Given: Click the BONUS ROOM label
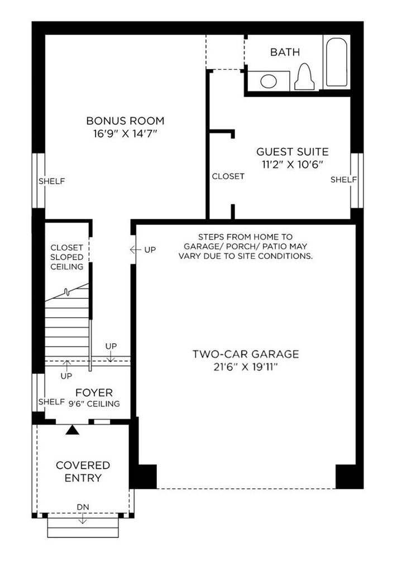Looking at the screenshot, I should [x=125, y=121].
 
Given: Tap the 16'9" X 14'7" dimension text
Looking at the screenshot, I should [x=125, y=134].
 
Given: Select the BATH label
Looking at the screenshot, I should [x=285, y=52].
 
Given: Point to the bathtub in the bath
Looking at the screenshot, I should [x=337, y=61].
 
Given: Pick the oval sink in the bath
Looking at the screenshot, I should [x=269, y=81].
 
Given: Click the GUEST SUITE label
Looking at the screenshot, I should [x=292, y=151].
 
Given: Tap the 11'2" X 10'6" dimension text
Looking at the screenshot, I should [x=292, y=164].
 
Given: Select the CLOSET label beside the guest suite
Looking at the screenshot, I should [x=228, y=176].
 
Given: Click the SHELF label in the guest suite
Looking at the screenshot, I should [x=343, y=179].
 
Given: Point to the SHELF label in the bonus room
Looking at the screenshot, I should [x=51, y=181].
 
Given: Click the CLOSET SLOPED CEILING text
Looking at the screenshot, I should [x=67, y=257].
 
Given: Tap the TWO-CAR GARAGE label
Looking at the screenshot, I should [x=246, y=354].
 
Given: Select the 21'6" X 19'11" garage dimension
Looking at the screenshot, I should [x=246, y=367].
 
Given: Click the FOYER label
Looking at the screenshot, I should [x=94, y=393].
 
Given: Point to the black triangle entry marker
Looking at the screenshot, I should [x=71, y=430].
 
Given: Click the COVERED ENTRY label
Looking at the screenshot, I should [x=83, y=471].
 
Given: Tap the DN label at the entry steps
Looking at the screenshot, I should [x=83, y=507].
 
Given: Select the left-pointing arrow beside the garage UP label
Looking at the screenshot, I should [x=134, y=249].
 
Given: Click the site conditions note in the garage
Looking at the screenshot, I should [x=245, y=246].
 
